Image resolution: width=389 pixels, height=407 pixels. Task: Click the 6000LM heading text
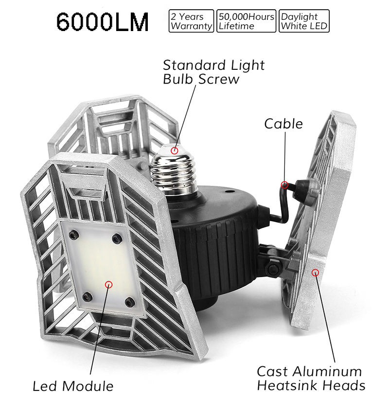tap(102, 22)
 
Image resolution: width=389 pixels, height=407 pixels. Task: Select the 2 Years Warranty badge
tap(191, 21)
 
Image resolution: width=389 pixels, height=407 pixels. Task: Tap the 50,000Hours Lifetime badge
tap(247, 21)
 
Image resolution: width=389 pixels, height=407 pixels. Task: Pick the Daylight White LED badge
tap(304, 21)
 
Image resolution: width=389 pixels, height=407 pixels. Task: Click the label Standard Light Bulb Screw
tap(213, 72)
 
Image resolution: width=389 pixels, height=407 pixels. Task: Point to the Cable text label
tap(283, 124)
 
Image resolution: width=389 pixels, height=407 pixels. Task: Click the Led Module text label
tap(73, 386)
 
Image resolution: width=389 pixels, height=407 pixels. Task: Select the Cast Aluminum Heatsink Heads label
tap(311, 378)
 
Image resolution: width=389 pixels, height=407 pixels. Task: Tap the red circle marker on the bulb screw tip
tap(175, 151)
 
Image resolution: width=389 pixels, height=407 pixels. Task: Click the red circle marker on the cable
tap(284, 185)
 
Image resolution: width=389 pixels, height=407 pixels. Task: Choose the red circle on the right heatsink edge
tap(316, 272)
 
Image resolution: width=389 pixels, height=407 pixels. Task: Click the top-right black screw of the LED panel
tap(117, 238)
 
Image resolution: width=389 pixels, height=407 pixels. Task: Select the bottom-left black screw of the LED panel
tap(87, 296)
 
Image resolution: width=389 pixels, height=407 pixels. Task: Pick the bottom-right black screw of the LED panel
tap(129, 303)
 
